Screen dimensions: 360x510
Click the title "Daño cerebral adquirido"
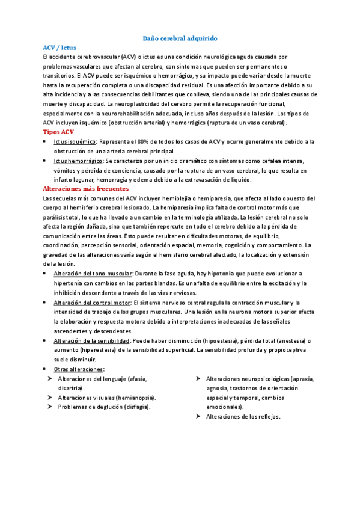point(180,37)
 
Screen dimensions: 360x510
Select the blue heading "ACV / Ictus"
point(60,46)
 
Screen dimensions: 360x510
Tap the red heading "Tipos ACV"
point(59,131)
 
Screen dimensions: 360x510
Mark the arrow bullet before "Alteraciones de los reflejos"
point(198,416)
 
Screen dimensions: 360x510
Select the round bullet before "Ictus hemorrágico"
point(46,161)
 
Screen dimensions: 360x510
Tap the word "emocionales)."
point(225,407)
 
